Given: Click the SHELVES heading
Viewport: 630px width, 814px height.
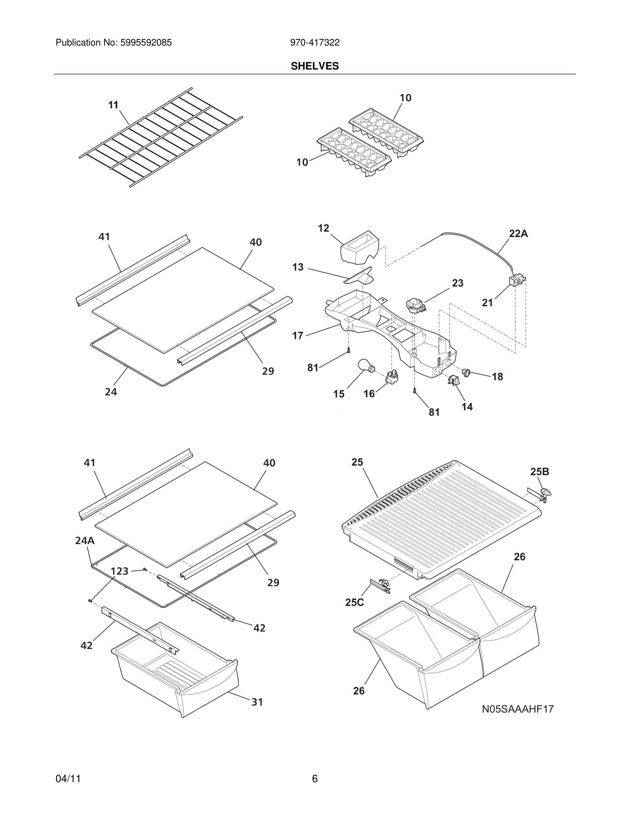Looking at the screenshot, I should coord(315,66).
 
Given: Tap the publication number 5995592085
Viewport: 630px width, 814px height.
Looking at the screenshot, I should coord(146,43).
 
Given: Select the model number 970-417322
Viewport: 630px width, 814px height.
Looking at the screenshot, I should coord(315,43).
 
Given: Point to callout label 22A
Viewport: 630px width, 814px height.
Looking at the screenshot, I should coord(518,234).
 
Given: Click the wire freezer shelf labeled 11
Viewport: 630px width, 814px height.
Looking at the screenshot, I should coord(161,138).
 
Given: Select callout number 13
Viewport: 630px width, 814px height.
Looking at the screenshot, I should coord(298,267).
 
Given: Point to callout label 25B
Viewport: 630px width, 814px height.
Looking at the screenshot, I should coord(539,472).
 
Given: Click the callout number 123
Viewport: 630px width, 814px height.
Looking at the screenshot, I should coord(119,571).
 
